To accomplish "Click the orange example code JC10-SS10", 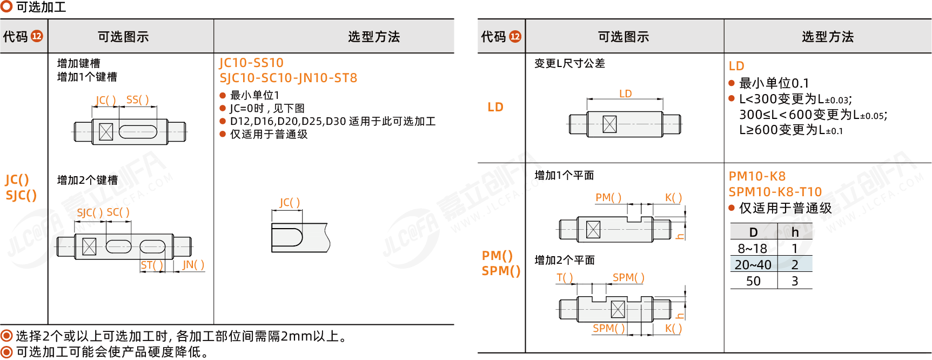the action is coord(251,63).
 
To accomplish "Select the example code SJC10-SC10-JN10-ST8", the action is coord(288,78).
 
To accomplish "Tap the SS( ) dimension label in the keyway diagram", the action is coord(137,100).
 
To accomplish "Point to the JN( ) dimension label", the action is coord(193,265).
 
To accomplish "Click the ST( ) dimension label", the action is coord(152,265).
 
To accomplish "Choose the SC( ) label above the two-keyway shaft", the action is coord(118,212).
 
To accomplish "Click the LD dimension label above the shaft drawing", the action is coord(625,94).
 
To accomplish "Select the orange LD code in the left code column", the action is coord(495,107).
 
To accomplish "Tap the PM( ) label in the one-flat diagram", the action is coord(608,198).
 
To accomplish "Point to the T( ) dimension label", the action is coord(565,278).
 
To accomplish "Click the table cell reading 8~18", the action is coord(753,249).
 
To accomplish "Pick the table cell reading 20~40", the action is coord(753,265).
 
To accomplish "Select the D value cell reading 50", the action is coord(753,281).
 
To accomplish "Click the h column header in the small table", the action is coord(795,232).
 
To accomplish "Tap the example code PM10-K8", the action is coord(757,176).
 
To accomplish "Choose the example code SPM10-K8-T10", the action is coord(775,192).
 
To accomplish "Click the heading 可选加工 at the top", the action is coord(41,7).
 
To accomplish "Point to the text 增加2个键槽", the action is coord(88,180).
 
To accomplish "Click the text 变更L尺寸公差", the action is coord(569,63).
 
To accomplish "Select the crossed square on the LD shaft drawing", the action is coord(609,124).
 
